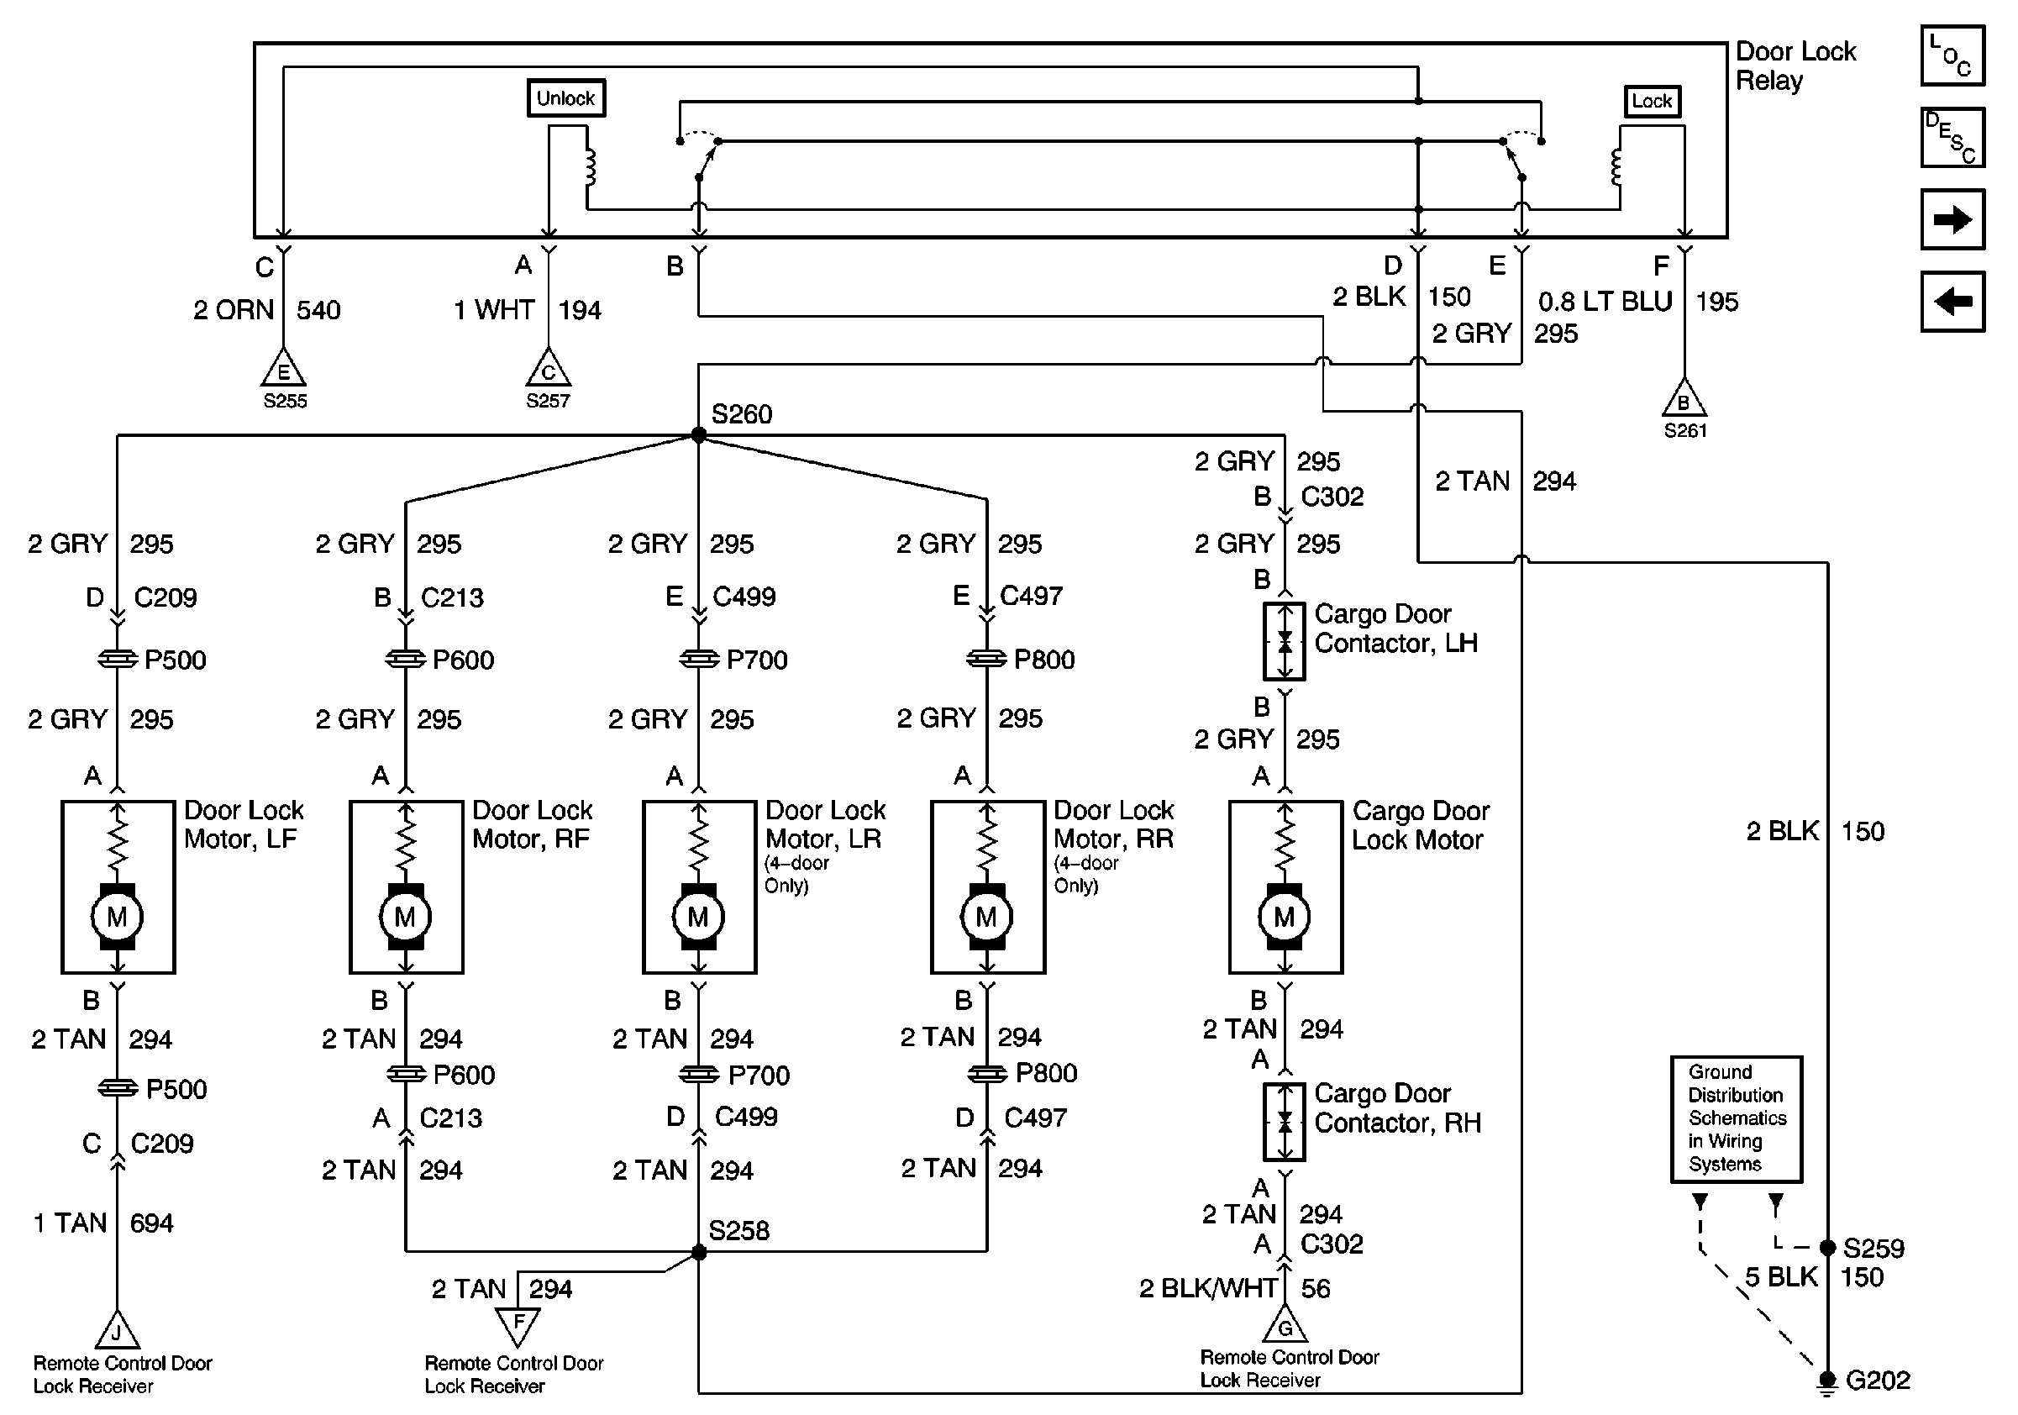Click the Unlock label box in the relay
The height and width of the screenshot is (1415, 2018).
(x=566, y=98)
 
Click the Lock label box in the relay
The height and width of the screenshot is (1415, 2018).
(x=1652, y=101)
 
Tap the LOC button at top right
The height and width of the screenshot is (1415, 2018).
(x=1952, y=56)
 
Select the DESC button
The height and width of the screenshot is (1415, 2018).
(x=1952, y=137)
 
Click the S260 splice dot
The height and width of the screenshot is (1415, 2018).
(x=699, y=435)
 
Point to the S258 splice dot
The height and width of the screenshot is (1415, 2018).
(x=699, y=1252)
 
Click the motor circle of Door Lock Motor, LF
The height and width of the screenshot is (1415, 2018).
(x=117, y=918)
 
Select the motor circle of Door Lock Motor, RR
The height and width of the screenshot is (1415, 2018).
(x=986, y=918)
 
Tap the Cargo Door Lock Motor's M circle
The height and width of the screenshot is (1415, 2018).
(x=1284, y=918)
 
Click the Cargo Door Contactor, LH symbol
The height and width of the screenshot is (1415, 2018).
(x=1284, y=642)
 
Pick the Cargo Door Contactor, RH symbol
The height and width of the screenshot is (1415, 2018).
(x=1284, y=1122)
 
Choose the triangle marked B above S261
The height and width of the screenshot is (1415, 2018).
(x=1684, y=400)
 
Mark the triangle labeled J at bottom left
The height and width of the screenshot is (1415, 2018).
(x=117, y=1332)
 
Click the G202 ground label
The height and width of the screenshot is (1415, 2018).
(x=1878, y=1381)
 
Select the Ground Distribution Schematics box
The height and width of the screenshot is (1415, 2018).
(x=1736, y=1119)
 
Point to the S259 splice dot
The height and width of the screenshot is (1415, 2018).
(x=1827, y=1248)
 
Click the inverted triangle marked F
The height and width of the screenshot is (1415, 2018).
(x=518, y=1324)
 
